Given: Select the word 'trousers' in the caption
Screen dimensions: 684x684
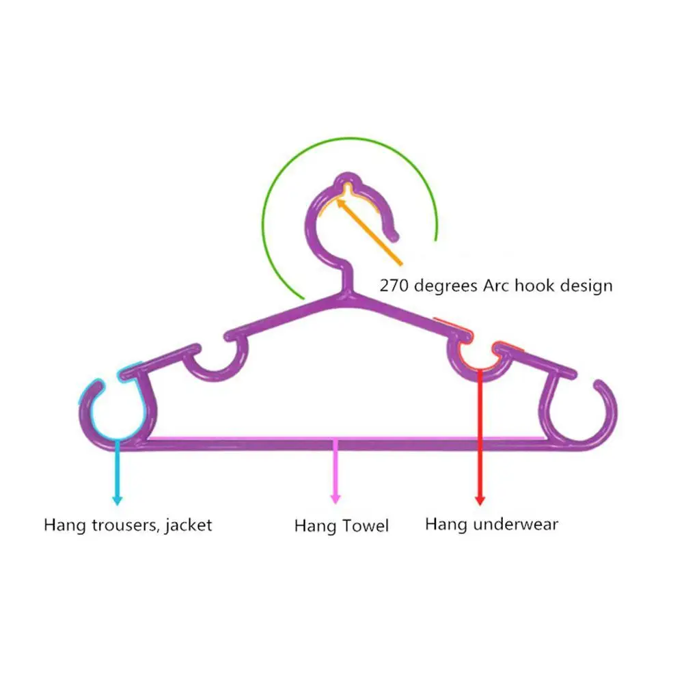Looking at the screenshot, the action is click(125, 525).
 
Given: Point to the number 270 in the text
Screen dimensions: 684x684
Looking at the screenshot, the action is click(394, 285).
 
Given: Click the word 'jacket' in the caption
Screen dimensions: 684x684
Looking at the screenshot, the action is click(187, 525).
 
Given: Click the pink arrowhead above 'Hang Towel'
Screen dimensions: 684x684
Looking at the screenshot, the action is click(335, 500).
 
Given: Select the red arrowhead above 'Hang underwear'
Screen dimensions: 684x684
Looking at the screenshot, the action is click(480, 500).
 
